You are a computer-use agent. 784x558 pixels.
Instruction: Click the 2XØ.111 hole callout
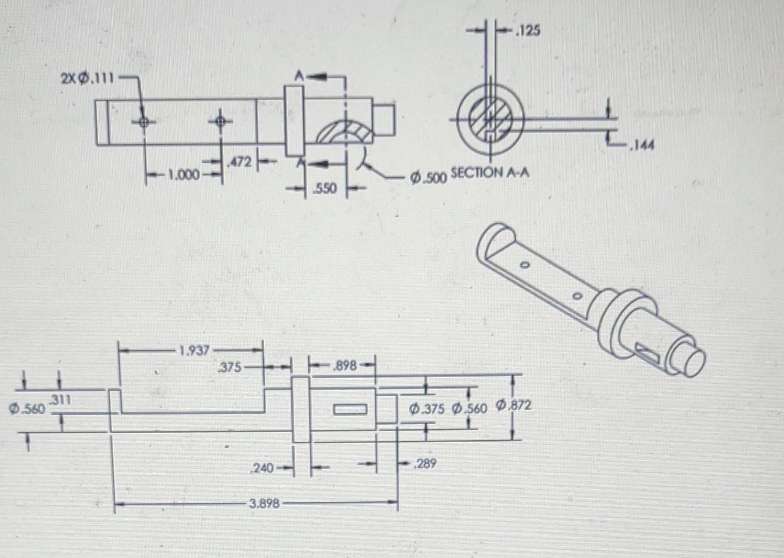coord(86,79)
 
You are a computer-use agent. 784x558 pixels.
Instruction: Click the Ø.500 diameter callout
coord(427,178)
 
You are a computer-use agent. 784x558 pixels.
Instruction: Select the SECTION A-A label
coord(490,172)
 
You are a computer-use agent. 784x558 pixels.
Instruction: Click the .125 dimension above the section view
coord(527,30)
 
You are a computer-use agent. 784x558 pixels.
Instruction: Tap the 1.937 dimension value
coord(194,351)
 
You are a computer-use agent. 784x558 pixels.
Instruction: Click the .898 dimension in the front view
coord(345,366)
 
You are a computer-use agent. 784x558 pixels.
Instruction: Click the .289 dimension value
coord(425,463)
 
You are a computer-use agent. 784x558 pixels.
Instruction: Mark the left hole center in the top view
coord(144,122)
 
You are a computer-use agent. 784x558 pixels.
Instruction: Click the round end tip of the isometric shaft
coord(692,360)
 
